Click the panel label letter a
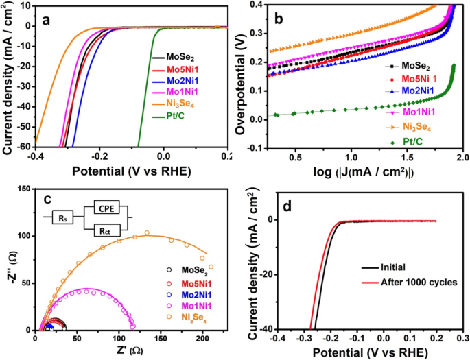pos(46,20)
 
